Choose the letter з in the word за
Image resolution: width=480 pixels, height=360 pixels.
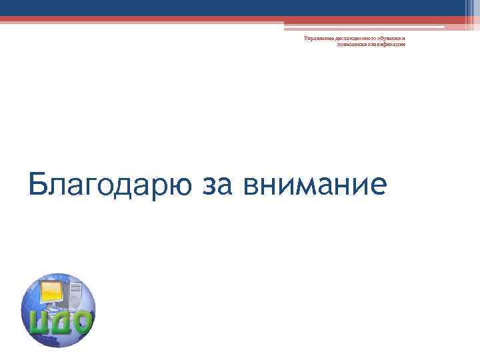(203, 185)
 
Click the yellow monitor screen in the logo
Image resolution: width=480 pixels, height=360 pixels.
(53, 293)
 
